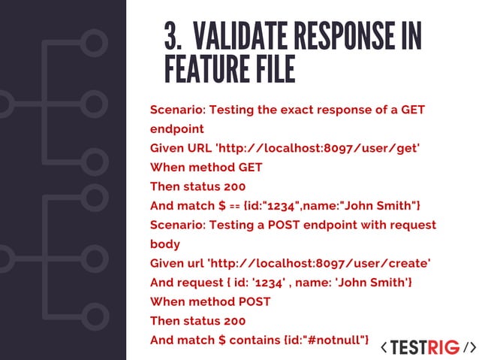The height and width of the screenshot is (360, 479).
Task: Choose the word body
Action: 164,244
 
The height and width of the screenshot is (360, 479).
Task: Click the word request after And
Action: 200,283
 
